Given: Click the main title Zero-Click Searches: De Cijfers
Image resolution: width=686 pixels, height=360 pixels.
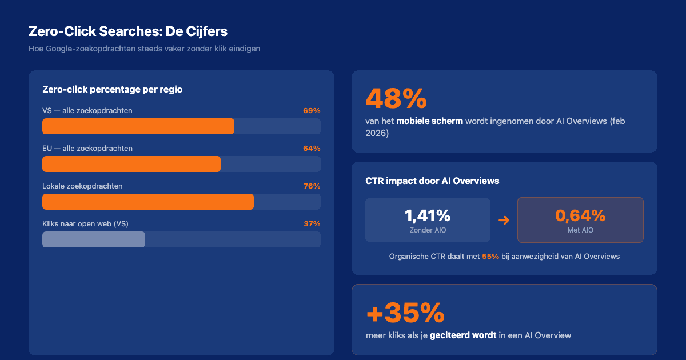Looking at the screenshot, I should pyautogui.click(x=127, y=31).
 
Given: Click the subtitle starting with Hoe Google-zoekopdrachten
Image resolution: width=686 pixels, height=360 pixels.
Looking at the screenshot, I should pyautogui.click(x=144, y=49).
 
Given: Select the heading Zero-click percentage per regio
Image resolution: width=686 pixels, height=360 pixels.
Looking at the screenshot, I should pyautogui.click(x=112, y=89).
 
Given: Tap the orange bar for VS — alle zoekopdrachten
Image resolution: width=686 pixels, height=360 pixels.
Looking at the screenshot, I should pyautogui.click(x=138, y=126).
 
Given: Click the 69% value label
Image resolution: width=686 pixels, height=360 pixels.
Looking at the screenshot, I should pyautogui.click(x=312, y=110).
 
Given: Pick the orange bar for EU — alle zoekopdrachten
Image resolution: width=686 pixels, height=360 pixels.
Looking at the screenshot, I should pyautogui.click(x=131, y=164).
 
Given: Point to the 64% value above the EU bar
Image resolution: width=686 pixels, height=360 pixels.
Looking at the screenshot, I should pyautogui.click(x=312, y=148).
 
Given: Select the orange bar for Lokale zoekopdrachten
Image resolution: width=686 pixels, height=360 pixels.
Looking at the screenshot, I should pyautogui.click(x=148, y=202).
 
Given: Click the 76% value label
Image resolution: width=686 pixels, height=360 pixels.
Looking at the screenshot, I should pyautogui.click(x=312, y=186).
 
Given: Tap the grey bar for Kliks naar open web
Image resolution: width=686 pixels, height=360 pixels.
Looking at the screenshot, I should pyautogui.click(x=94, y=239).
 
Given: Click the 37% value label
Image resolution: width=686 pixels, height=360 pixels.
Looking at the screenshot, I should pyautogui.click(x=312, y=223).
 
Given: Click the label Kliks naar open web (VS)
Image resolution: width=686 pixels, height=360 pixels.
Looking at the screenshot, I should pyautogui.click(x=85, y=223).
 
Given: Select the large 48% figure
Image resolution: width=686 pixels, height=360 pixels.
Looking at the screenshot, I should pyautogui.click(x=396, y=98).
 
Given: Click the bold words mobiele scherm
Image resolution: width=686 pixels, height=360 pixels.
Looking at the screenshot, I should pyautogui.click(x=429, y=121).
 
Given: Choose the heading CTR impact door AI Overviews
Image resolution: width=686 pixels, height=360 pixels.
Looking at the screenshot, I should pyautogui.click(x=432, y=181).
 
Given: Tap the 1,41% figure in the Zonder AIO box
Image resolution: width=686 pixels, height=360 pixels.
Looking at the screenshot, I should pyautogui.click(x=428, y=215).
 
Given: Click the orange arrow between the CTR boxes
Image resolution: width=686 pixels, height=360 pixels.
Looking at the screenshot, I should pyautogui.click(x=504, y=220).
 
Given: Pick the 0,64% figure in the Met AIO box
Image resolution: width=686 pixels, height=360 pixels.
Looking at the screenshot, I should pyautogui.click(x=580, y=215).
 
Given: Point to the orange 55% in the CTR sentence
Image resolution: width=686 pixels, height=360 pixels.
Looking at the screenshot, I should pyautogui.click(x=490, y=257).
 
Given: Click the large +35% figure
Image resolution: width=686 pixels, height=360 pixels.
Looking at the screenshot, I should pyautogui.click(x=405, y=313).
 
